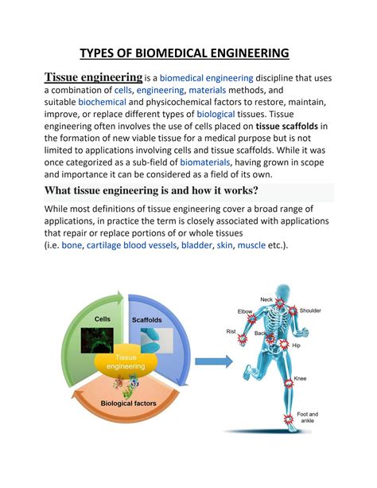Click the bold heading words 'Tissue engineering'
tap(93, 77)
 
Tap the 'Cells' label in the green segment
tap(103, 319)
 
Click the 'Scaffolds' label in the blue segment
tap(147, 320)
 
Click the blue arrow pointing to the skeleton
tap(213, 362)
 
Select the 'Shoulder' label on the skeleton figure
tap(310, 310)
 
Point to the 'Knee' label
tap(301, 379)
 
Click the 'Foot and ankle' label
tap(307, 418)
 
